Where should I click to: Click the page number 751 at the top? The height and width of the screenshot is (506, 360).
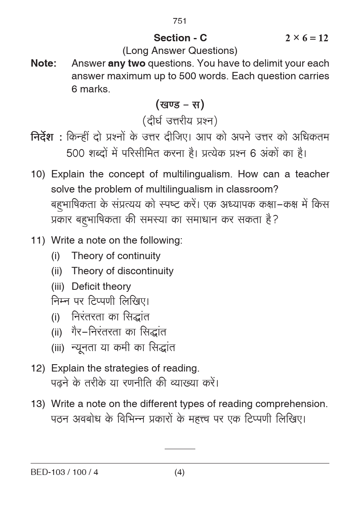180,21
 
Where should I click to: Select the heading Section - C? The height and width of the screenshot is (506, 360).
180,38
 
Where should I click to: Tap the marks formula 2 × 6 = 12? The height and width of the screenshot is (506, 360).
306,38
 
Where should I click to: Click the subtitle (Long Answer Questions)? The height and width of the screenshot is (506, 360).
180,51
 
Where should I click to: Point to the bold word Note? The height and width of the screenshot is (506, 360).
43,63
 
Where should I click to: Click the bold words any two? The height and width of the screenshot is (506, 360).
126,63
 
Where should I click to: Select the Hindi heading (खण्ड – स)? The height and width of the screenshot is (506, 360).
180,105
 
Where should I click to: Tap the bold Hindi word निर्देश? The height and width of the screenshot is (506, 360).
42,137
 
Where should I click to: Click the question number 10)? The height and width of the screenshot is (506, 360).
38,174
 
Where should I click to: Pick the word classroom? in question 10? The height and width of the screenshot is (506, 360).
247,189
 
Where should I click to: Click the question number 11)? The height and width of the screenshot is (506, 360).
38,240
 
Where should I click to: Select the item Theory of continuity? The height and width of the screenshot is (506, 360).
116,256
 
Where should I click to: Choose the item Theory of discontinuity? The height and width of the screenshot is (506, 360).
122,271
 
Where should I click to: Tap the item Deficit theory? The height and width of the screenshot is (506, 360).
101,287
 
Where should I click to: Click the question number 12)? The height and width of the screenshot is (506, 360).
38,368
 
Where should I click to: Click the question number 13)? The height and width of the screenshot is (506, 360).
38,404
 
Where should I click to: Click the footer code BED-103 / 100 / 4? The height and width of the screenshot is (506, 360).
64,472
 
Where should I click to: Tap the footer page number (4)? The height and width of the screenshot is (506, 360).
179,472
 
